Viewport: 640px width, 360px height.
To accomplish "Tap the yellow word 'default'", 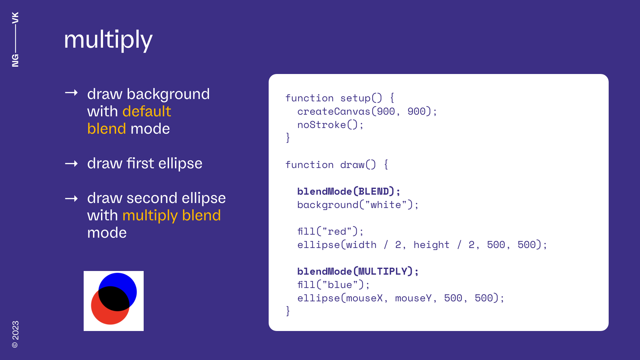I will [147, 111].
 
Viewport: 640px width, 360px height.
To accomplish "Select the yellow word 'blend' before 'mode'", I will [107, 129].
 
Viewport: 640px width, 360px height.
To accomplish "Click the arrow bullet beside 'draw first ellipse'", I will [71, 164].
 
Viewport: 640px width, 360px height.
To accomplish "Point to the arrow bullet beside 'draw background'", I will [71, 93].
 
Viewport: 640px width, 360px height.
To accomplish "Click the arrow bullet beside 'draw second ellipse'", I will [71, 199].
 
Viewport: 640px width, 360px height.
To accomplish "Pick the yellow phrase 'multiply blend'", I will [171, 215].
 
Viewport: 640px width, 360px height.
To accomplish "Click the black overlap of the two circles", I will [114, 299].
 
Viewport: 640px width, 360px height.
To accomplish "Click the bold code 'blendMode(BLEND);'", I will [349, 191].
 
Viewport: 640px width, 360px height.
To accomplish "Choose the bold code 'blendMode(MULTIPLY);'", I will [358, 271].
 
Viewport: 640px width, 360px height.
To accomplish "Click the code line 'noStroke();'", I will [330, 125].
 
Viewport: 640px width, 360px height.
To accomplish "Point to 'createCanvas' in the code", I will [334, 111].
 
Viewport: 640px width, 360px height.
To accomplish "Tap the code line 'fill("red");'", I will [330, 231].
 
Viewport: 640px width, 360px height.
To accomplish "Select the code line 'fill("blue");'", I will [333, 285].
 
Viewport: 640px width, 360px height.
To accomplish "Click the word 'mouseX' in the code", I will [364, 298].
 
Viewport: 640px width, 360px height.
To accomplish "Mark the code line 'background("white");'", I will [358, 205].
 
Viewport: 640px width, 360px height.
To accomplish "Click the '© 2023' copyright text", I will [15, 334].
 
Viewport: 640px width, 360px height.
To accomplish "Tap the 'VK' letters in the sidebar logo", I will [15, 18].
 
